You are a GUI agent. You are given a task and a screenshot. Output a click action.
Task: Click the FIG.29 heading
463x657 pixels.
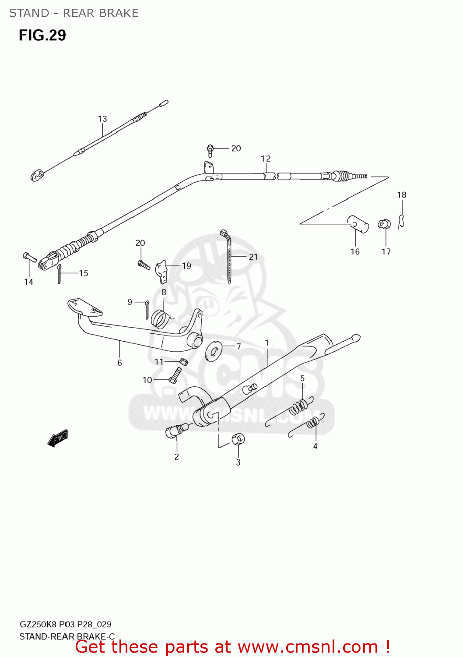(x=42, y=35)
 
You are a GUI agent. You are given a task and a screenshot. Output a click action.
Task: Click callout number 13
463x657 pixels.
(x=102, y=119)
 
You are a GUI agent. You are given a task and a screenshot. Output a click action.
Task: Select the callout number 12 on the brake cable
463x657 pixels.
(x=266, y=159)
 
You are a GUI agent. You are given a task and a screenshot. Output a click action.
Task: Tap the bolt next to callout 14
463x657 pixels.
(x=29, y=257)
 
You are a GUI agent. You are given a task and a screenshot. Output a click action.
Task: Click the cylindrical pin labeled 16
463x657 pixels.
(x=358, y=224)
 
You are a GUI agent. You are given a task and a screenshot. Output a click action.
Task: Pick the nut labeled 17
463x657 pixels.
(x=384, y=224)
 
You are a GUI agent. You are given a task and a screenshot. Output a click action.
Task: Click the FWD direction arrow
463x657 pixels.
(x=58, y=438)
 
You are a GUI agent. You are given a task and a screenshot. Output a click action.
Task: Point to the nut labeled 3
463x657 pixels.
(x=238, y=439)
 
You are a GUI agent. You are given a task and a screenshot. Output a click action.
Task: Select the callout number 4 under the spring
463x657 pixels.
(x=315, y=446)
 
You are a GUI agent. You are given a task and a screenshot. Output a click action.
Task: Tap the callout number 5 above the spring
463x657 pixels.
(x=302, y=378)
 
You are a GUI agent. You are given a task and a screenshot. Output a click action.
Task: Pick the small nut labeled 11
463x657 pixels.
(x=183, y=361)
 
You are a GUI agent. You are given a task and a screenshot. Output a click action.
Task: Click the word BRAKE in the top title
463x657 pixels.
(x=119, y=13)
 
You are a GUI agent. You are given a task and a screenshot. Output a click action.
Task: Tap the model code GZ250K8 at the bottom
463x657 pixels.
(x=38, y=624)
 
